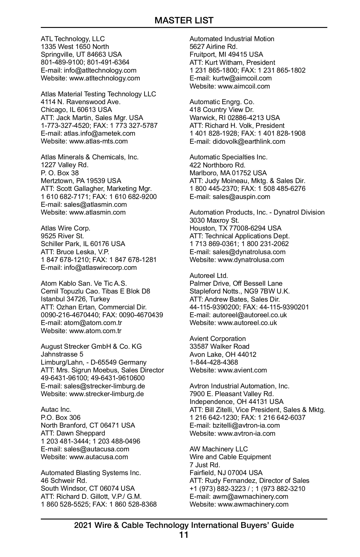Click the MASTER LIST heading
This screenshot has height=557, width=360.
point(184,20)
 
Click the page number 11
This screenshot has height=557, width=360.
point(184,535)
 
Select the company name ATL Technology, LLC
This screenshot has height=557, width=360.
point(73,39)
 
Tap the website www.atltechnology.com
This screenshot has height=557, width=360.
point(104,78)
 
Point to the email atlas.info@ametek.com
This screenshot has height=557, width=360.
point(99,133)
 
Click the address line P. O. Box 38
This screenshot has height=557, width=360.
point(60,173)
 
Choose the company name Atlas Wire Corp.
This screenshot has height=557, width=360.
point(65,228)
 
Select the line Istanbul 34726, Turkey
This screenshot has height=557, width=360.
point(75,299)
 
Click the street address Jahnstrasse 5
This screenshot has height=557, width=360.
point(62,354)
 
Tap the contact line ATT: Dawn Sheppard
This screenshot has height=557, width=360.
point(73,433)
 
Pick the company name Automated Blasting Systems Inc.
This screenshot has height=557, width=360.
point(91,473)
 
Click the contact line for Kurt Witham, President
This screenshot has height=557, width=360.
point(232,62)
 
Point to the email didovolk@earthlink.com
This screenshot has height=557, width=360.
point(249,141)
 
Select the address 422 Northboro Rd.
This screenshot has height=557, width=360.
point(217,165)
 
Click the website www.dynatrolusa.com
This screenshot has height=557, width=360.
point(251,260)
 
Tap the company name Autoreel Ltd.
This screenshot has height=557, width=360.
point(209,275)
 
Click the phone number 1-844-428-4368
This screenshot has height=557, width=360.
point(214,362)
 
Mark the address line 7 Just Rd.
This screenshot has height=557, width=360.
point(205,465)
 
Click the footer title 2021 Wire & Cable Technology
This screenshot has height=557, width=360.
point(184,525)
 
